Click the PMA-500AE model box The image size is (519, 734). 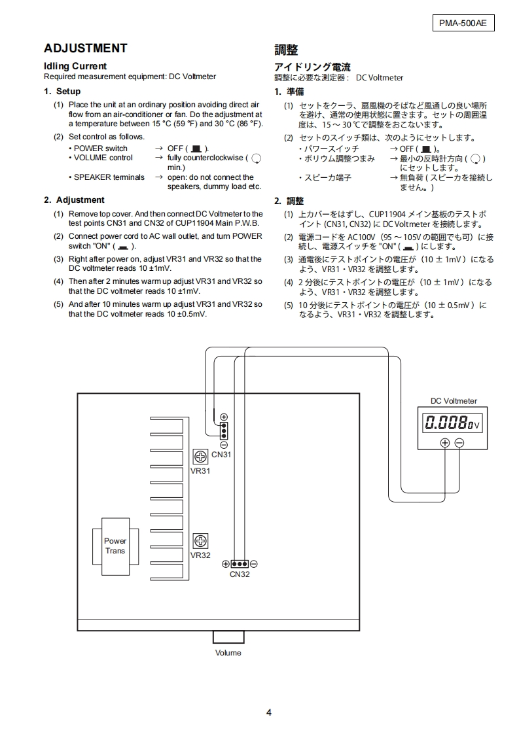tap(463, 24)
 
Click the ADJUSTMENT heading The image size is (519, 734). tap(85, 48)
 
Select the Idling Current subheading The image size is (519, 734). tap(75, 66)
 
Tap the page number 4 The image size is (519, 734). tap(269, 712)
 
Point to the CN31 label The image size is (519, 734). tap(221, 455)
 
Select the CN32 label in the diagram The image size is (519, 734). tap(240, 574)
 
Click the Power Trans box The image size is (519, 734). tap(115, 546)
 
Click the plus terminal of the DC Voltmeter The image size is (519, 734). tap(445, 443)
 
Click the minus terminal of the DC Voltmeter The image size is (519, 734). tap(459, 443)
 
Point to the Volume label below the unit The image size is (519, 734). tap(228, 653)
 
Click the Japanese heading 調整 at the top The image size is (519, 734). tap(286, 50)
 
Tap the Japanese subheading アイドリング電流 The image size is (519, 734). tap(312, 67)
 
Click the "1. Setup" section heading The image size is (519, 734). tap(62, 92)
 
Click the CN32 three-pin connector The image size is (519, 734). tap(240, 563)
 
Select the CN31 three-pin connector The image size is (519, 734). tap(224, 430)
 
